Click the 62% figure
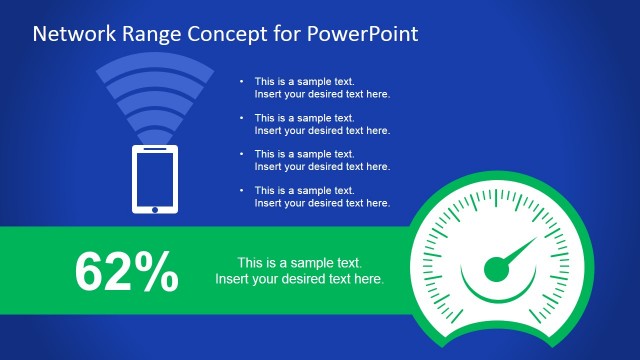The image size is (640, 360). point(127,271)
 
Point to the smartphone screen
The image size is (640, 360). point(155,177)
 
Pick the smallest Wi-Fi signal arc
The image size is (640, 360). point(155,136)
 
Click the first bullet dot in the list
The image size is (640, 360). point(242,81)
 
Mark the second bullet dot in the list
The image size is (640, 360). point(242,118)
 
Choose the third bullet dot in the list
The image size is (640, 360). point(242,154)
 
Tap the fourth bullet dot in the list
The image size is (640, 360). point(242,190)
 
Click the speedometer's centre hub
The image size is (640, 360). point(497,268)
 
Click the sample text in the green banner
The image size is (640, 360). point(299,271)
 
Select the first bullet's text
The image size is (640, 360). point(321,88)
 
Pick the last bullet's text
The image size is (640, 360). point(321,197)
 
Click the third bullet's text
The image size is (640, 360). point(321,160)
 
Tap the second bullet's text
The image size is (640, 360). point(321,124)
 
